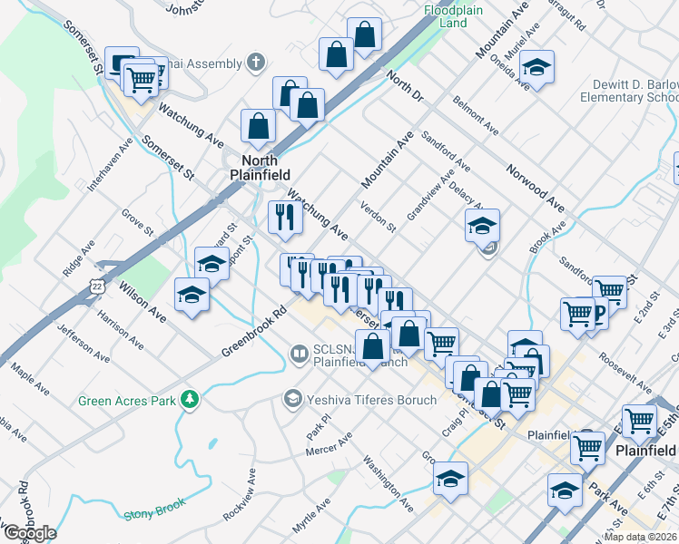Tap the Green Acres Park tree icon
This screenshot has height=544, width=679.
[190, 400]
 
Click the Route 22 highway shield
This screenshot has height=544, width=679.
[96, 286]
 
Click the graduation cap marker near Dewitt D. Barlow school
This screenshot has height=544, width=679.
[536, 67]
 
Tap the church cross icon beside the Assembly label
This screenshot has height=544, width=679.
[256, 63]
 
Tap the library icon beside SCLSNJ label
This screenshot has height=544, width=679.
[299, 353]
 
